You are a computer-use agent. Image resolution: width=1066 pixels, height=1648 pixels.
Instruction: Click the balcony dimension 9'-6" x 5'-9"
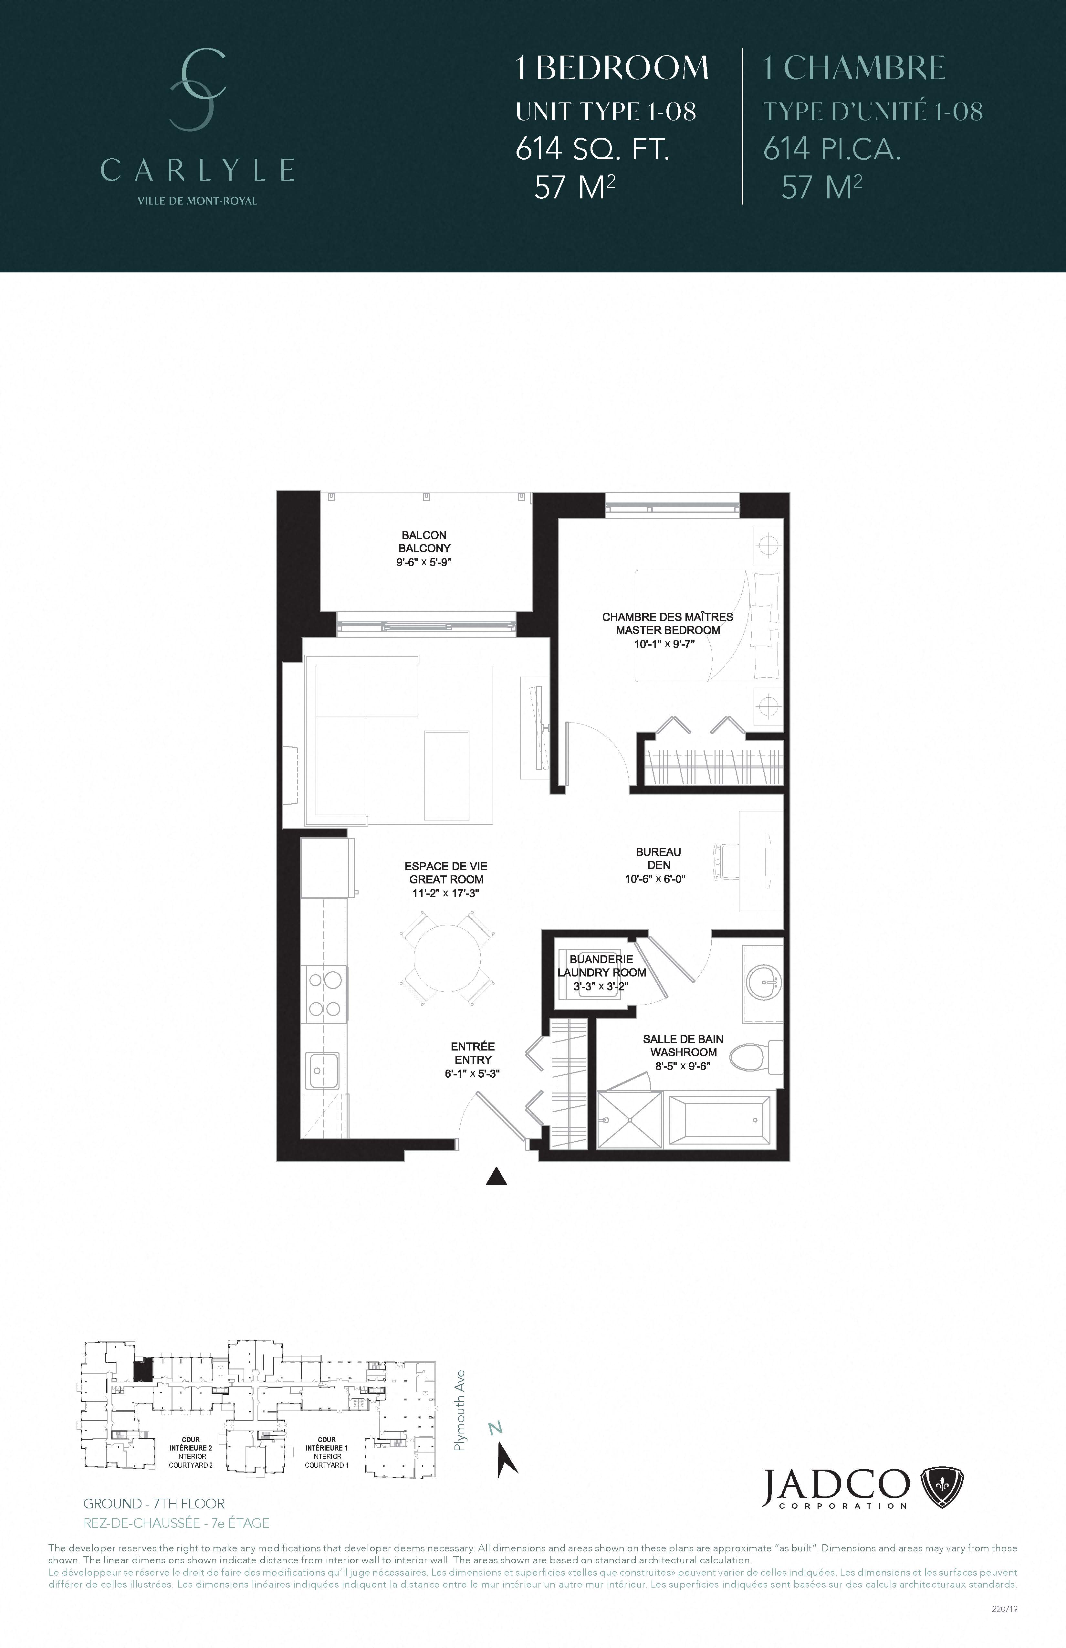[x=423, y=562]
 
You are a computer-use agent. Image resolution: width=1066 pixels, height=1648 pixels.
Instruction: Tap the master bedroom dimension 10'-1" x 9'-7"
[x=664, y=643]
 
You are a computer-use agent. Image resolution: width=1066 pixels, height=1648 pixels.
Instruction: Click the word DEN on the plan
[x=658, y=865]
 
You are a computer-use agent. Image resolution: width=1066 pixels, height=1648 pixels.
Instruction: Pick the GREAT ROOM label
[x=446, y=879]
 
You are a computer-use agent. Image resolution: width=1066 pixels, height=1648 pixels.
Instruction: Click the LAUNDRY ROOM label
[x=601, y=972]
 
